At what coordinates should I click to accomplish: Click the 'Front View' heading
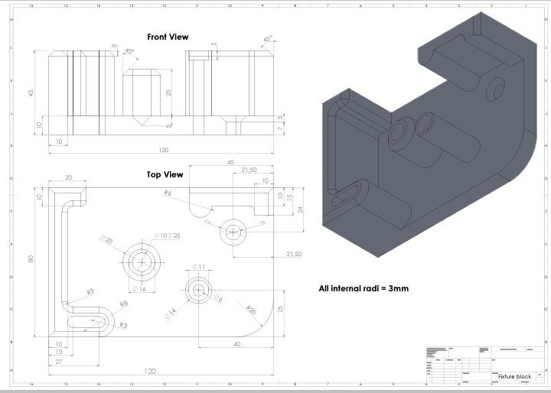[167, 37]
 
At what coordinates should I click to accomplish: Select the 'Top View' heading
[165, 174]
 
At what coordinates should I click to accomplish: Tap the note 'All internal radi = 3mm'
[364, 289]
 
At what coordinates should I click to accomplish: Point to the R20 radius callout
[250, 310]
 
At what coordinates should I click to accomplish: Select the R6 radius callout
[167, 193]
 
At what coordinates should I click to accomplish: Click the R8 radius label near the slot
[123, 304]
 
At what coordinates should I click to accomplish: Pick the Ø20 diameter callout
[107, 240]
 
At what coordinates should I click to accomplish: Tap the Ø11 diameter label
[199, 266]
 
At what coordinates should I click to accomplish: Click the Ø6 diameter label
[218, 297]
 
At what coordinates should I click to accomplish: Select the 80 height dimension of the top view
[31, 258]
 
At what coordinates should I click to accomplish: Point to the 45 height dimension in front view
[31, 93]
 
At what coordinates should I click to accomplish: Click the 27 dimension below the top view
[59, 352]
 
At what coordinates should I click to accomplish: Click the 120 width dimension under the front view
[164, 151]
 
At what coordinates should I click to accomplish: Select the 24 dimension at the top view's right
[300, 209]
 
